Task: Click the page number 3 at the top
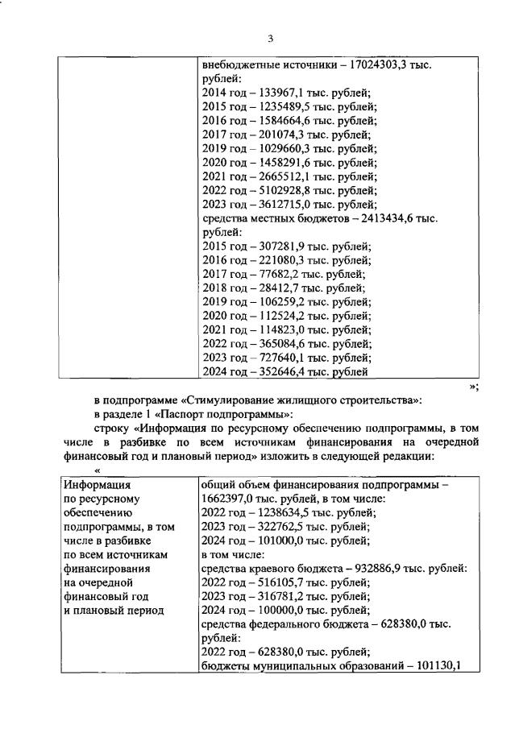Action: coord(271,39)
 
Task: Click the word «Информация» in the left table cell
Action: coord(98,485)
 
